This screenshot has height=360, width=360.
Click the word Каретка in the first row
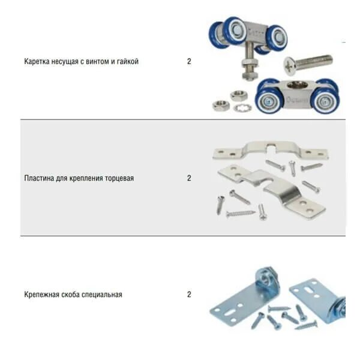click(x=38, y=61)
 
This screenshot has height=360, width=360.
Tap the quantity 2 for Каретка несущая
click(x=189, y=61)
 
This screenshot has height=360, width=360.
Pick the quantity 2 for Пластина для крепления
click(x=189, y=178)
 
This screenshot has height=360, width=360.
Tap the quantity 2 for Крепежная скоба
click(x=189, y=295)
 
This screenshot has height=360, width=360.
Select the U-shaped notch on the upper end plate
click(x=274, y=146)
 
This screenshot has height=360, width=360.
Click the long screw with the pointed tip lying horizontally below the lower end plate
click(x=240, y=213)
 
